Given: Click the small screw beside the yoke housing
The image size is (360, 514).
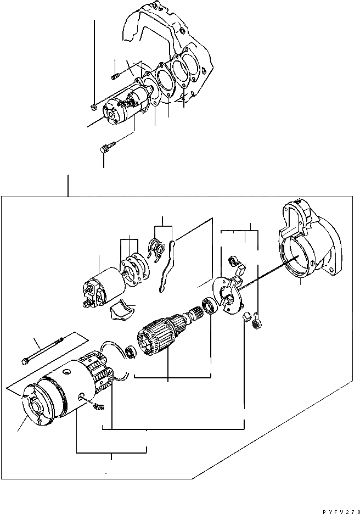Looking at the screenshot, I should [x=99, y=406].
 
